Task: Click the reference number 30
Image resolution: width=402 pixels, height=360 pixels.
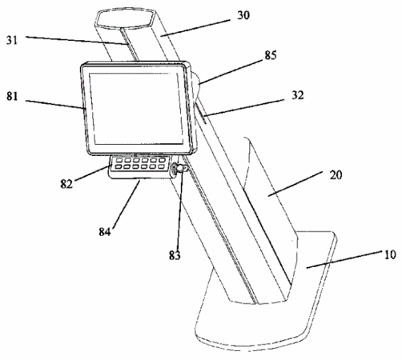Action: coord(243,15)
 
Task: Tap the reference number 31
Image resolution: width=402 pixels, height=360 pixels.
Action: coord(12,40)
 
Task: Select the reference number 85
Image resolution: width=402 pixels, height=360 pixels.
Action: coord(271,55)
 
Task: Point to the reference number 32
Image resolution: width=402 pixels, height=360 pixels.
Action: coord(298,95)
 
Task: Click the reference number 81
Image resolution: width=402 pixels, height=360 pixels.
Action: coord(12,96)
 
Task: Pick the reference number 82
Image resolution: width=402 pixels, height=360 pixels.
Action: coord(66,184)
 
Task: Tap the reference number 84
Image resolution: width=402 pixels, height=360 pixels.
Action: coord(105,231)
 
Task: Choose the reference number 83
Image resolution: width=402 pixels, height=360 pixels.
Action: coord(175,255)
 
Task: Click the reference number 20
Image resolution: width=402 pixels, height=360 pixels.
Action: coord(336,175)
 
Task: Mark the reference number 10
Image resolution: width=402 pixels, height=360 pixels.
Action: coord(390,254)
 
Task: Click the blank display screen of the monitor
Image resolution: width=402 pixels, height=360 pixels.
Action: coord(137,109)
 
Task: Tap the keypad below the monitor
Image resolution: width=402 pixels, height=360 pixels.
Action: coord(139,163)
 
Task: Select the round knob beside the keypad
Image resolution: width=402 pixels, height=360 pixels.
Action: coord(179,169)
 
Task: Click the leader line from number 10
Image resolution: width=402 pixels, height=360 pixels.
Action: coord(344,259)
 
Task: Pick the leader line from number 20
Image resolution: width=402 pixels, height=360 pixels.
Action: coord(295,184)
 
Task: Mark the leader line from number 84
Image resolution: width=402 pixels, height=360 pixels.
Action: coord(126,204)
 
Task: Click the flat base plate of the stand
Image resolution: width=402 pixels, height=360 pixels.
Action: coord(267,294)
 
